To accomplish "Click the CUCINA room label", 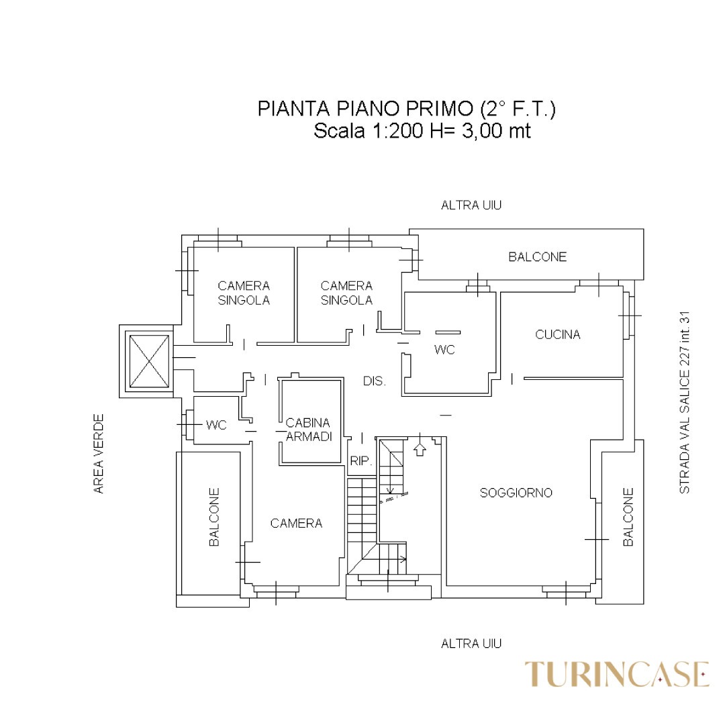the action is (x=558, y=334).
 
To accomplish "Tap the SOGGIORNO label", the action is (x=516, y=493).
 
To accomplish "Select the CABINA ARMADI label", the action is (x=308, y=430).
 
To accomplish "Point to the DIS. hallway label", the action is (x=375, y=381).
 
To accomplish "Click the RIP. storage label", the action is (x=361, y=461).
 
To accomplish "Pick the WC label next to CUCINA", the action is (x=445, y=350).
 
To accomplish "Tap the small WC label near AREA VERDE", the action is (x=216, y=425).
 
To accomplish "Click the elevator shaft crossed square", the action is (x=149, y=362).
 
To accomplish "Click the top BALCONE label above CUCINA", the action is (x=537, y=256).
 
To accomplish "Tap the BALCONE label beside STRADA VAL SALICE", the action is (x=628, y=517).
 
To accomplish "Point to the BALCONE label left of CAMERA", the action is (x=214, y=517).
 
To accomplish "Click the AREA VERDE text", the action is (x=99, y=454).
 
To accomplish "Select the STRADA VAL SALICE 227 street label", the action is (x=684, y=402).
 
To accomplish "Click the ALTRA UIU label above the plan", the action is (x=471, y=205).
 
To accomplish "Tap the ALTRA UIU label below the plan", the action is (x=471, y=644).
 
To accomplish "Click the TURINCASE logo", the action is (x=617, y=674).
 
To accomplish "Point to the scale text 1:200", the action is (x=397, y=131).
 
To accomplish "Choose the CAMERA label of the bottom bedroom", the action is (x=297, y=524).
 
